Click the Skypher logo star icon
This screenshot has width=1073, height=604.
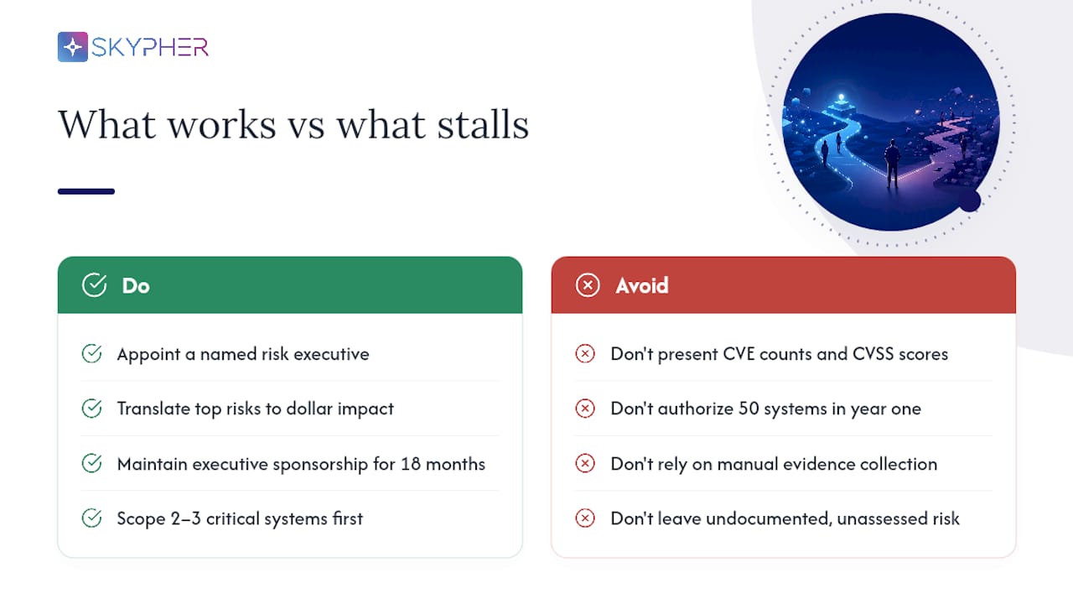[73, 47]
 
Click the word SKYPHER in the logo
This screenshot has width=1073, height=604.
[150, 47]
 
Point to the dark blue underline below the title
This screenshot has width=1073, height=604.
[86, 191]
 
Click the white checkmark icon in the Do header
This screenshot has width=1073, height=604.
[95, 285]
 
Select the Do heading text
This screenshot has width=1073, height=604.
[136, 286]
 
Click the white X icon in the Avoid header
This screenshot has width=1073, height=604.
[588, 285]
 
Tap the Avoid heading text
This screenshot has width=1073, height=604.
[642, 286]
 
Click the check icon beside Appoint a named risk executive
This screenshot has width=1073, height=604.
[91, 354]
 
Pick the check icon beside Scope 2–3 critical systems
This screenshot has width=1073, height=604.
[91, 518]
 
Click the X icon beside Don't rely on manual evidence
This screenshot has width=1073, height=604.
[585, 464]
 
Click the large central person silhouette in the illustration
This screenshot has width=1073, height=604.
[892, 164]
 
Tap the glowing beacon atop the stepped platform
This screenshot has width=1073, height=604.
[841, 98]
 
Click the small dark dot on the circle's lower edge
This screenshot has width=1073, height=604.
[970, 200]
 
